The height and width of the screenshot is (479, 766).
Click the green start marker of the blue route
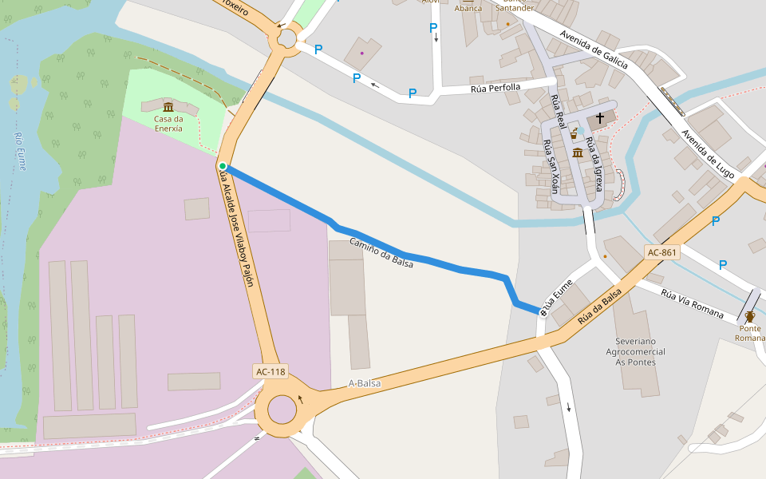pyautogui.click(x=223, y=166)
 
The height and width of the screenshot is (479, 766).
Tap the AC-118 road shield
pyautogui.click(x=270, y=371)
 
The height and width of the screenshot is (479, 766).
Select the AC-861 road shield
pyautogui.click(x=662, y=252)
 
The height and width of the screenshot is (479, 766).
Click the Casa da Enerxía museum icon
pyautogui.click(x=168, y=108)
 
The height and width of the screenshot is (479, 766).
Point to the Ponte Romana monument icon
pyautogui.click(x=749, y=316)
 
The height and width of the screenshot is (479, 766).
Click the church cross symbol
pyautogui.click(x=600, y=118)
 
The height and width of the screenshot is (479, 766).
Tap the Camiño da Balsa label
pyautogui.click(x=381, y=252)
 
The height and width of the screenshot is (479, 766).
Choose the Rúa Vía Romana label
pyautogui.click(x=692, y=303)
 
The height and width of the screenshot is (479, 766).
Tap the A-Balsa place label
pyautogui.click(x=365, y=383)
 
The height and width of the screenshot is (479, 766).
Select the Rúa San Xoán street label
pyautogui.click(x=551, y=166)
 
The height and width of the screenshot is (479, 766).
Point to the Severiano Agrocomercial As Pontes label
pyautogui.click(x=636, y=351)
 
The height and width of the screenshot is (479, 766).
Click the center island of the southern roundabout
pyautogui.click(x=282, y=410)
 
